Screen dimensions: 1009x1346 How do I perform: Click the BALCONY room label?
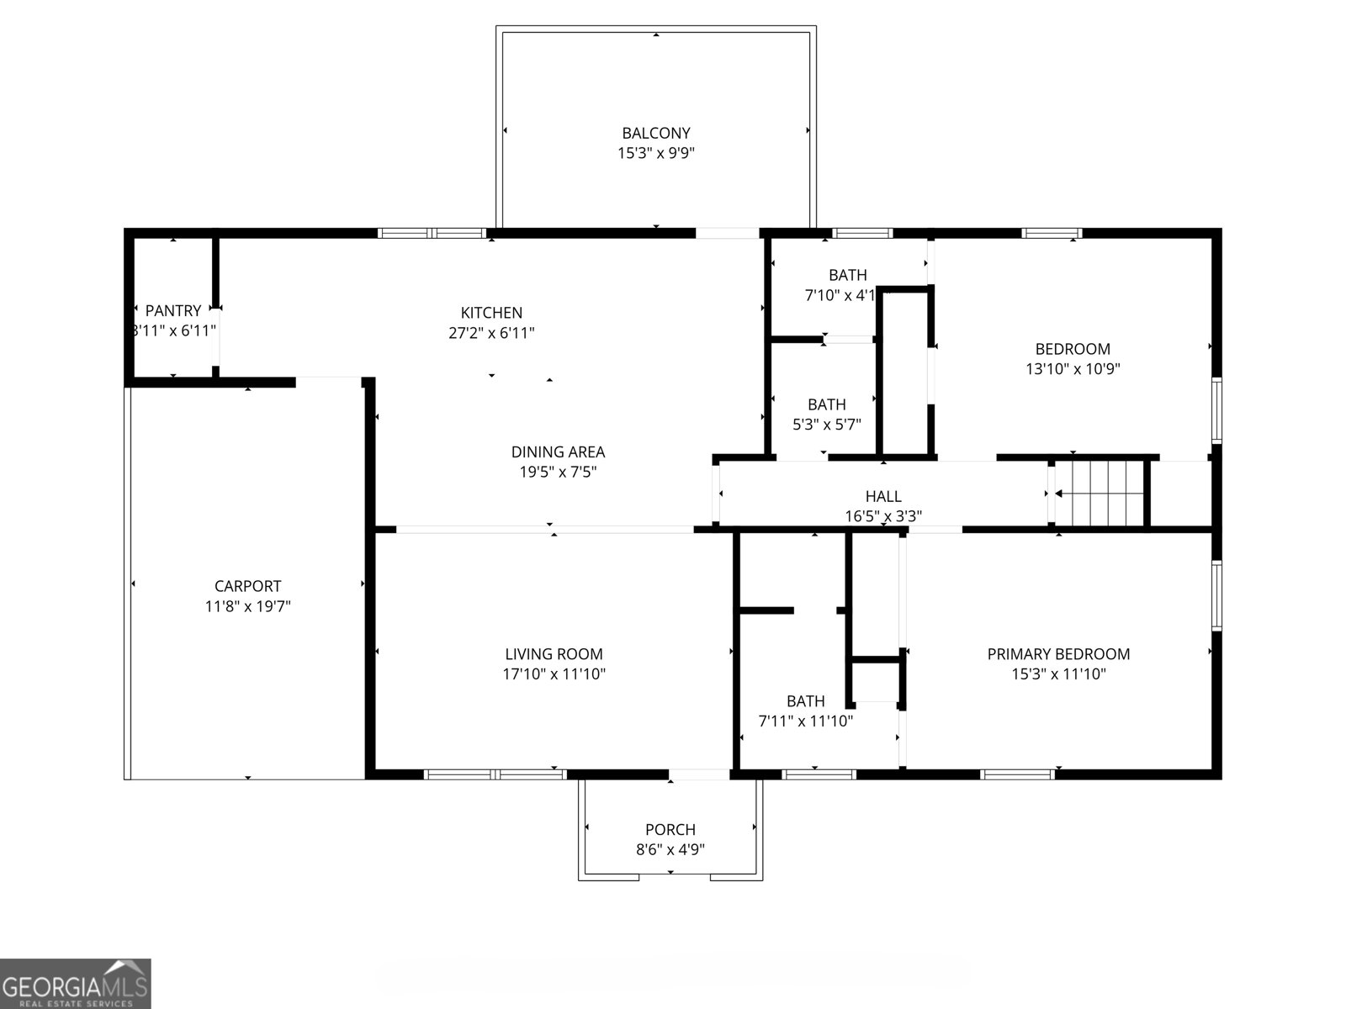[655, 133]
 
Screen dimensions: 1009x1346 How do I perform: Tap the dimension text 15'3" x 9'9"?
[655, 153]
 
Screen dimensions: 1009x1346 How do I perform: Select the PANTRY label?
[173, 310]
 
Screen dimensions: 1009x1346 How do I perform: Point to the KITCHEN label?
[491, 313]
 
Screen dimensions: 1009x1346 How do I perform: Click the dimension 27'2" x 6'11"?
[491, 333]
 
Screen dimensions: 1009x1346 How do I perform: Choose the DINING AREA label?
[558, 452]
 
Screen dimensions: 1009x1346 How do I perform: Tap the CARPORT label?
[247, 586]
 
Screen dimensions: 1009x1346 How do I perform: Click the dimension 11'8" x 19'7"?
[247, 606]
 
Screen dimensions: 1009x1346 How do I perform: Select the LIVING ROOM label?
[554, 654]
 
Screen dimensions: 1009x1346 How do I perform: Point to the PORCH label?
[670, 830]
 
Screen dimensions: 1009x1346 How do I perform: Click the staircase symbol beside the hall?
[1100, 493]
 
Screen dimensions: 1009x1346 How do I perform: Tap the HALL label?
[883, 497]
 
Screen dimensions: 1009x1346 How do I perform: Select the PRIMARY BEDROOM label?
[1058, 654]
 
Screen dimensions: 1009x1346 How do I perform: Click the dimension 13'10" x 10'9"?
[1073, 368]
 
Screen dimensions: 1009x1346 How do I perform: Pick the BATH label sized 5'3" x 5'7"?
[827, 404]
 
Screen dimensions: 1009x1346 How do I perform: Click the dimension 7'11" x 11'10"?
[806, 721]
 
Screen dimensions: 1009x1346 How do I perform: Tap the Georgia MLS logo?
[75, 983]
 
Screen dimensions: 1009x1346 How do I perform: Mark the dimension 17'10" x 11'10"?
[554, 674]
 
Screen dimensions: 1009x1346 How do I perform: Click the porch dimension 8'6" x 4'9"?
[670, 849]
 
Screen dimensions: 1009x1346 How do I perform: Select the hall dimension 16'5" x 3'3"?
[883, 516]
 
